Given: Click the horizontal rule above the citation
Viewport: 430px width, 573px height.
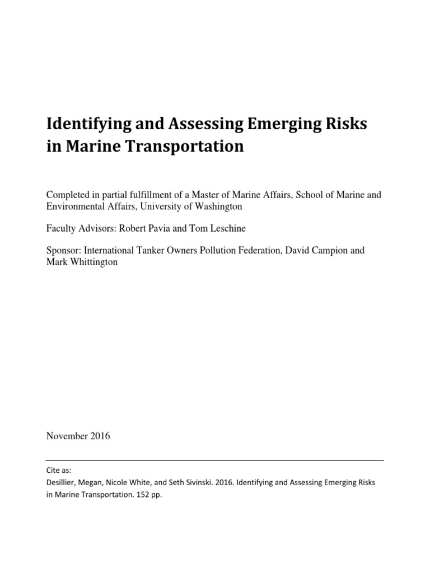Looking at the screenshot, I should [215, 460].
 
